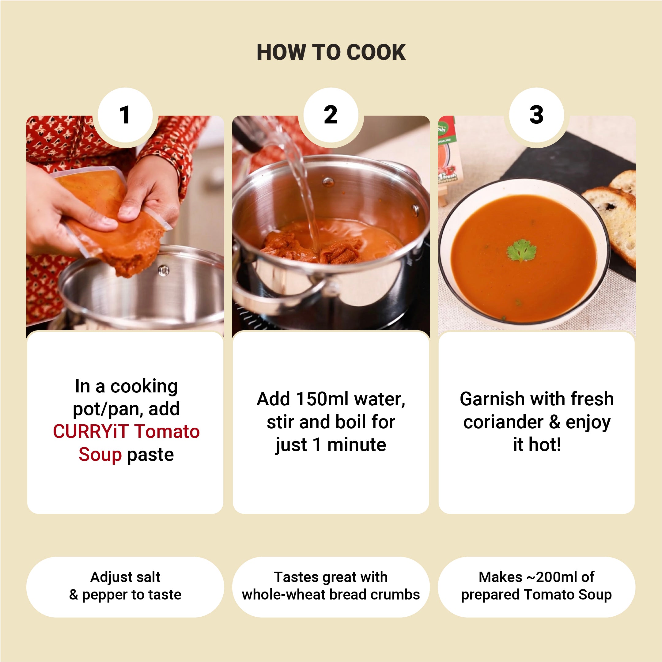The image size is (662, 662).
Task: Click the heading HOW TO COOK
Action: pos(331,52)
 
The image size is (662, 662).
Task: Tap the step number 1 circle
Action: pos(125,115)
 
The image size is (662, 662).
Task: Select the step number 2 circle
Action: pos(331,115)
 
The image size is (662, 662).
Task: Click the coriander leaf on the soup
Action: pos(521,250)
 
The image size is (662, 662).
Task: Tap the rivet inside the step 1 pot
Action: pos(164,271)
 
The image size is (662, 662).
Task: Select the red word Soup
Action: pos(100,455)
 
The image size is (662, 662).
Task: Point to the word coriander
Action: pos(503,422)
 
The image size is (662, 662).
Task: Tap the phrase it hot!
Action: pos(537,444)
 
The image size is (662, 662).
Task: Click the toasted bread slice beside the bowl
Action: pos(612,223)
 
